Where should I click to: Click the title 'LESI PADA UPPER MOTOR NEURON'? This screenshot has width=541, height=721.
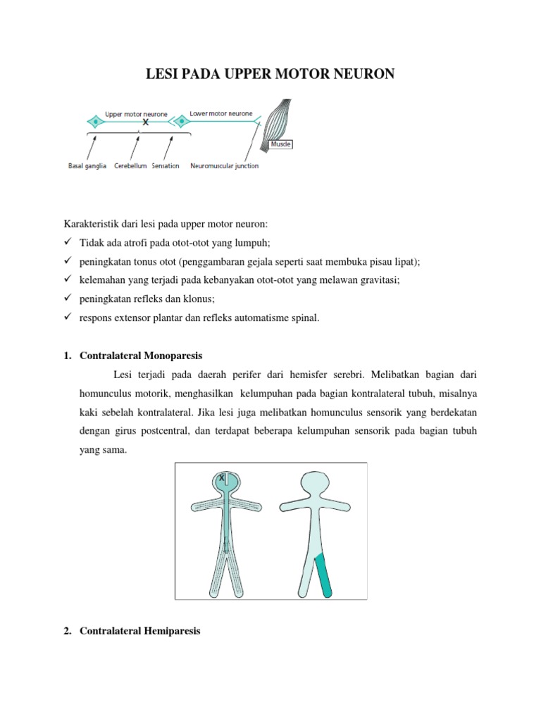coord(270,74)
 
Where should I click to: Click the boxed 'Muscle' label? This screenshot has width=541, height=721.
coord(281,144)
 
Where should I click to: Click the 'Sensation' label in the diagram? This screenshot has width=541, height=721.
coord(165,166)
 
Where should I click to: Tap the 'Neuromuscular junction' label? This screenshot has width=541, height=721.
coord(225,166)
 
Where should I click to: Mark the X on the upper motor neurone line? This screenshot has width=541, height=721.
coord(146,122)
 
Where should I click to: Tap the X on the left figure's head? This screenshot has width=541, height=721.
coord(222,478)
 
